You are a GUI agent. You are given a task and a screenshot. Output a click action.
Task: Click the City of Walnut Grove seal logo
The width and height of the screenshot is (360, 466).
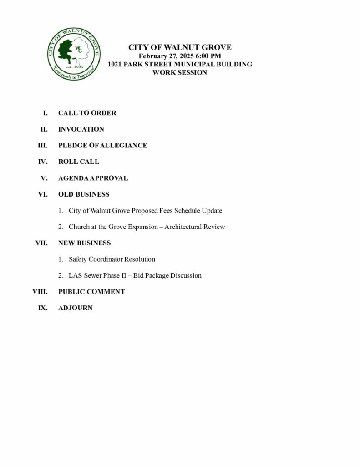click(74, 54)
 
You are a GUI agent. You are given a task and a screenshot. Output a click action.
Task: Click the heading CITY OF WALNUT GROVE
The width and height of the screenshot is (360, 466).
click(180, 47)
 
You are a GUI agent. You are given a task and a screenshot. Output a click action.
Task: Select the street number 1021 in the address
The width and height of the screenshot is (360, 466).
click(115, 64)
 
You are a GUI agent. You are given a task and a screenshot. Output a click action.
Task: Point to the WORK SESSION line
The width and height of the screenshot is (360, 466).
click(180, 72)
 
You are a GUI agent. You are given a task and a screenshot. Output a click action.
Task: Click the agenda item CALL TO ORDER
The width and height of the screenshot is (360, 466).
click(87, 113)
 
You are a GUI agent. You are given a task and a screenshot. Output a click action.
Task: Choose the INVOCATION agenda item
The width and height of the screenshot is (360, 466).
click(81, 129)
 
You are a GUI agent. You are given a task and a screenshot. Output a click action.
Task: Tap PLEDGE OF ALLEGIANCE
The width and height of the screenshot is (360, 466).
click(102, 146)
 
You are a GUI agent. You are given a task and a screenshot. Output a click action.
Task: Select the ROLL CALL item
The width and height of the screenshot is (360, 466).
click(78, 162)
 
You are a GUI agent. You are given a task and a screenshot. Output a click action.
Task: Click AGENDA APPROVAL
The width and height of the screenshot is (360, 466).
click(93, 178)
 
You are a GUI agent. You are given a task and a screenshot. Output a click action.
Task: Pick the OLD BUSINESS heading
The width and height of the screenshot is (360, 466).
click(84, 194)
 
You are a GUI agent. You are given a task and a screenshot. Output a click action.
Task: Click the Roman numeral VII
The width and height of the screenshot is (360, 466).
click(41, 243)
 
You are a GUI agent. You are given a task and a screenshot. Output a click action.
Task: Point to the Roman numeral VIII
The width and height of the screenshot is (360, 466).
click(40, 292)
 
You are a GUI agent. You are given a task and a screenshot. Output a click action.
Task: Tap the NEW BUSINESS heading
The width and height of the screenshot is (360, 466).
click(84, 243)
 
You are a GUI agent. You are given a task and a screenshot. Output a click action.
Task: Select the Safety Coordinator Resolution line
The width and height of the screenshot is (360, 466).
click(112, 259)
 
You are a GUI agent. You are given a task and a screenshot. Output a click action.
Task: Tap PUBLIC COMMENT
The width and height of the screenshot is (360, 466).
click(91, 292)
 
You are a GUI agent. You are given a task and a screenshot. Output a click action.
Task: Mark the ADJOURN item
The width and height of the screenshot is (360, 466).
click(75, 308)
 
